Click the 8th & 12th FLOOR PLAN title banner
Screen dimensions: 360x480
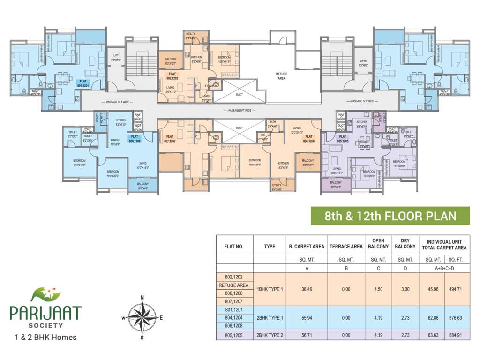tap(390, 216)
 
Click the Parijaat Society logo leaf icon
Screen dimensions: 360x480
tap(46, 294)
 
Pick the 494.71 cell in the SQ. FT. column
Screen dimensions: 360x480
tap(457, 289)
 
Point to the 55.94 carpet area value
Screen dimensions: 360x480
tap(307, 317)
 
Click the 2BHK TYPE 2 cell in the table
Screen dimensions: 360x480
tap(270, 335)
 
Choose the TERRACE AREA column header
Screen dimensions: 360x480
tap(346, 246)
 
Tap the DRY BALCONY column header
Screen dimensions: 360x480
tap(405, 244)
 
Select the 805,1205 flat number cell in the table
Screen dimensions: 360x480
tap(234, 335)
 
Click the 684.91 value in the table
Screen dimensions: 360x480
tap(457, 335)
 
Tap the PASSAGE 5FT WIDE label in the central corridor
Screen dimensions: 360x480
tap(240, 111)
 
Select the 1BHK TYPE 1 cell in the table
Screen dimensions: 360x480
tap(270, 289)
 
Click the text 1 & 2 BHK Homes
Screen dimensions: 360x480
tap(45, 337)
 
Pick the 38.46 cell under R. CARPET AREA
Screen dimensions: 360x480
tap(307, 289)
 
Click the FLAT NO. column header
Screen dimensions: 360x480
tap(234, 246)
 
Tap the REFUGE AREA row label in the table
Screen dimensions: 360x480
tap(234, 285)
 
